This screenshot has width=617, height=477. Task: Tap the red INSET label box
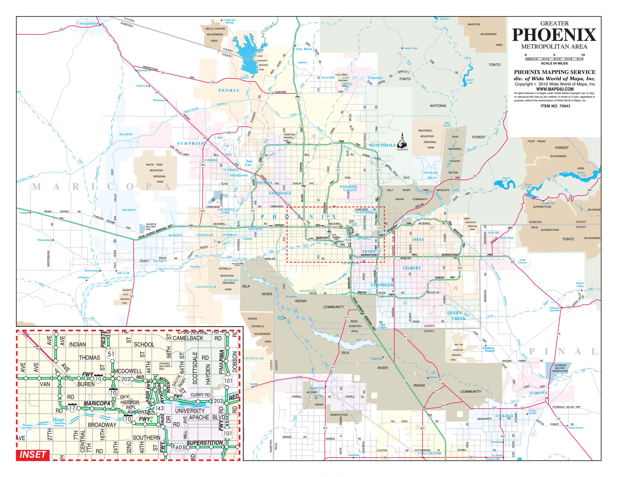click(x=33, y=455)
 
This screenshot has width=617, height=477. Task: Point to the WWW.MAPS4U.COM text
click(x=555, y=89)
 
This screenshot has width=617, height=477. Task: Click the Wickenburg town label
click(x=89, y=24)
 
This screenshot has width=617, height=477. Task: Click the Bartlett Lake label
click(x=470, y=81)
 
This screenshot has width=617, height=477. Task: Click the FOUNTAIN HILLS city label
click(x=430, y=175)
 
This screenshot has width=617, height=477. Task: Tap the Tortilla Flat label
click(x=548, y=203)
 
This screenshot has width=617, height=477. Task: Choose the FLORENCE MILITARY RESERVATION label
click(x=560, y=368)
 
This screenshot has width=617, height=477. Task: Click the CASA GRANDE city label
click(x=429, y=453)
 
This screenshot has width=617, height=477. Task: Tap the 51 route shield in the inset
click(x=111, y=354)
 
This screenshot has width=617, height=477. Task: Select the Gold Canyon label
click(x=522, y=261)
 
